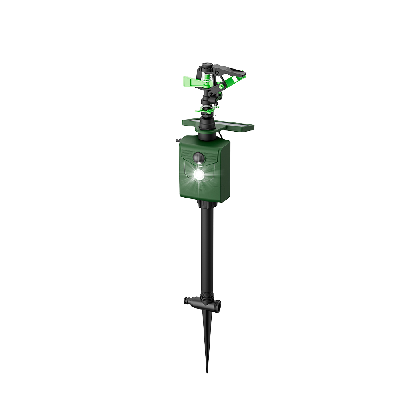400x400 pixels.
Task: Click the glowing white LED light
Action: click(x=198, y=174)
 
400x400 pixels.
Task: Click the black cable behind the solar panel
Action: click(x=221, y=136)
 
